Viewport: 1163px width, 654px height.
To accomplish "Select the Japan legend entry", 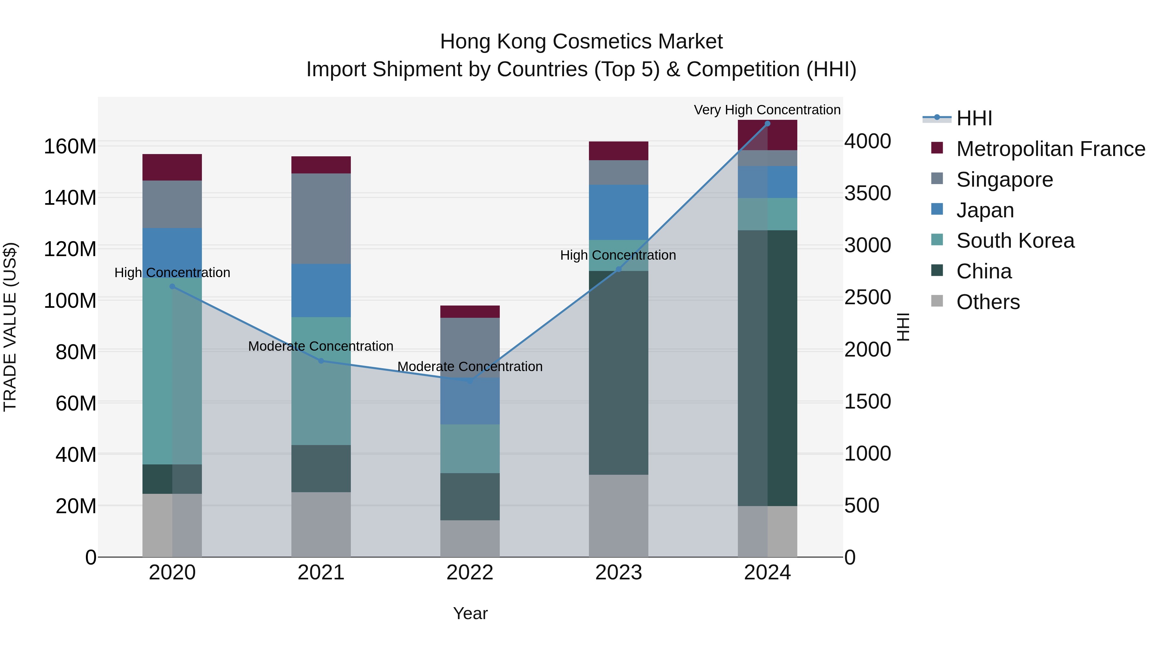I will click(x=985, y=210).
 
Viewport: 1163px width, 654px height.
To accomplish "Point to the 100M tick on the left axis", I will click(x=70, y=300).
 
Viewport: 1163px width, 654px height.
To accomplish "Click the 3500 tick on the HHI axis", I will click(x=867, y=194).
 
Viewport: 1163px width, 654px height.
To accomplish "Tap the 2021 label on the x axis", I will click(x=321, y=573).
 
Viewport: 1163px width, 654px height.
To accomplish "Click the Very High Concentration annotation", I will click(x=767, y=110).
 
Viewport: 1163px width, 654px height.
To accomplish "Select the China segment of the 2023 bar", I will click(x=619, y=372).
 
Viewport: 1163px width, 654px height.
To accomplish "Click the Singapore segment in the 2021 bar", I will click(x=321, y=218).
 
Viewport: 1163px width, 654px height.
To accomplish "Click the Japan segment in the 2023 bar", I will click(x=619, y=212).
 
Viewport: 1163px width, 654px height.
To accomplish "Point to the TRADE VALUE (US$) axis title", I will click(x=10, y=327).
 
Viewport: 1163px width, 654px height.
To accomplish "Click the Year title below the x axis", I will click(x=470, y=613).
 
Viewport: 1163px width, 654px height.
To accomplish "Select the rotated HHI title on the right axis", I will click(x=903, y=327).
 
